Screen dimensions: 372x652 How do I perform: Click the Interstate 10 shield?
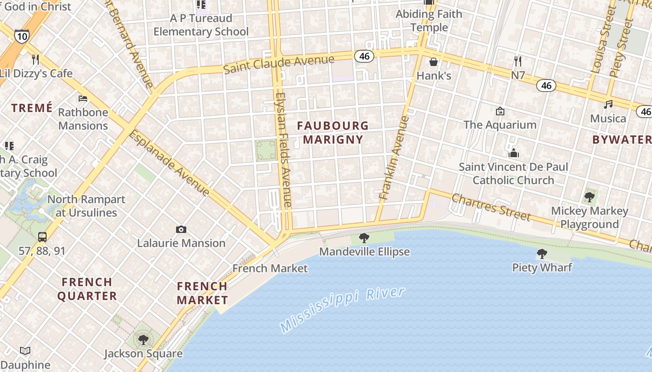click(x=21, y=36)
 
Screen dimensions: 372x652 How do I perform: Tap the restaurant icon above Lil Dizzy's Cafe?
click(x=35, y=59)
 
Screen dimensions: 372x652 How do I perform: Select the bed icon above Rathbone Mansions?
click(x=83, y=98)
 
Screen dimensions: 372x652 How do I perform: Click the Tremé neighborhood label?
click(x=32, y=108)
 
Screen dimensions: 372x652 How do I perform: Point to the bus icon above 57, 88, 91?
click(x=42, y=237)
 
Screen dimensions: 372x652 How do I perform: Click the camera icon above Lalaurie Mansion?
click(x=181, y=229)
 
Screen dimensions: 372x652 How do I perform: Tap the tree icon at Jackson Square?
click(x=143, y=339)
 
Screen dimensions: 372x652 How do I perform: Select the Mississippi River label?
click(x=342, y=309)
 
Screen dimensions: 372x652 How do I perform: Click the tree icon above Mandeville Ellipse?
click(x=364, y=238)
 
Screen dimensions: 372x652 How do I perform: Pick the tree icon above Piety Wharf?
click(x=542, y=253)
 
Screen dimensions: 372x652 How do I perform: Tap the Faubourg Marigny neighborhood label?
click(x=333, y=133)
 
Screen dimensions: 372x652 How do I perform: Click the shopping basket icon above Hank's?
click(x=434, y=61)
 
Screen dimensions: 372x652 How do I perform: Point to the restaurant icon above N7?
click(x=518, y=61)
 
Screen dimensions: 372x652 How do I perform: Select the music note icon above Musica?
click(x=608, y=104)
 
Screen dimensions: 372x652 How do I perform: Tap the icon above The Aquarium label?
click(x=500, y=111)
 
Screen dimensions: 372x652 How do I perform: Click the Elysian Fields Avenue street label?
click(x=283, y=149)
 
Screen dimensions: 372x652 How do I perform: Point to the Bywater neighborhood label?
click(x=622, y=139)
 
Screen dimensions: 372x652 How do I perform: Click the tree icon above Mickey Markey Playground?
click(x=589, y=197)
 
